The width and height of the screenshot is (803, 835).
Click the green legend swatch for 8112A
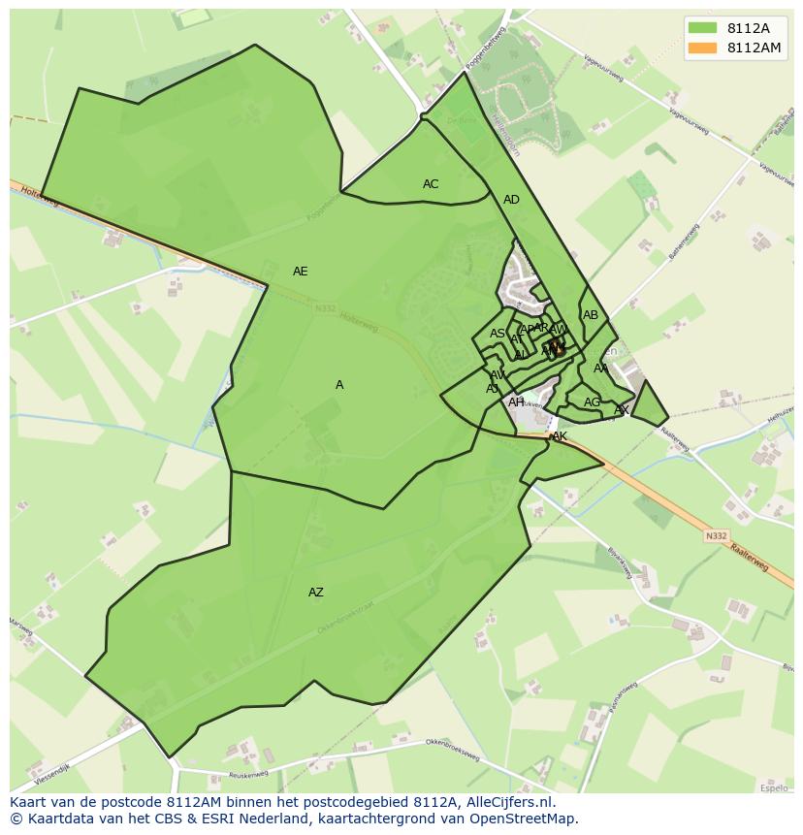(x=702, y=28)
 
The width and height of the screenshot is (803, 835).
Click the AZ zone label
(x=316, y=593)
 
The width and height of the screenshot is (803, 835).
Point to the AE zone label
(x=301, y=272)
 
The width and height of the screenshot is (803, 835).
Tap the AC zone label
(x=431, y=184)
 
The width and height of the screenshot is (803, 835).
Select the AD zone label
(x=511, y=200)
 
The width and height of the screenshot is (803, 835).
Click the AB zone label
(x=591, y=315)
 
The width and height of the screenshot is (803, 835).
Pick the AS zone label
(x=498, y=334)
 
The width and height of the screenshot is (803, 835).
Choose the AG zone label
(x=592, y=402)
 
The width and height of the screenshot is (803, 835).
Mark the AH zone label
(x=516, y=402)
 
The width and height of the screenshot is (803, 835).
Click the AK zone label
(x=560, y=437)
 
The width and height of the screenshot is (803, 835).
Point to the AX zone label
(x=622, y=410)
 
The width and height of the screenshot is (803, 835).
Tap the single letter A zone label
(x=339, y=385)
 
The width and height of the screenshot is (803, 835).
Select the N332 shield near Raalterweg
(x=716, y=535)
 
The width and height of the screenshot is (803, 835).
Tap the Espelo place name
(x=774, y=788)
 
